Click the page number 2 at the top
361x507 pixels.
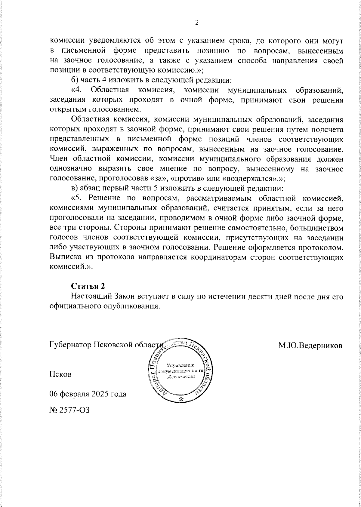(197, 23)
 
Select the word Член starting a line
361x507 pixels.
(59, 159)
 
